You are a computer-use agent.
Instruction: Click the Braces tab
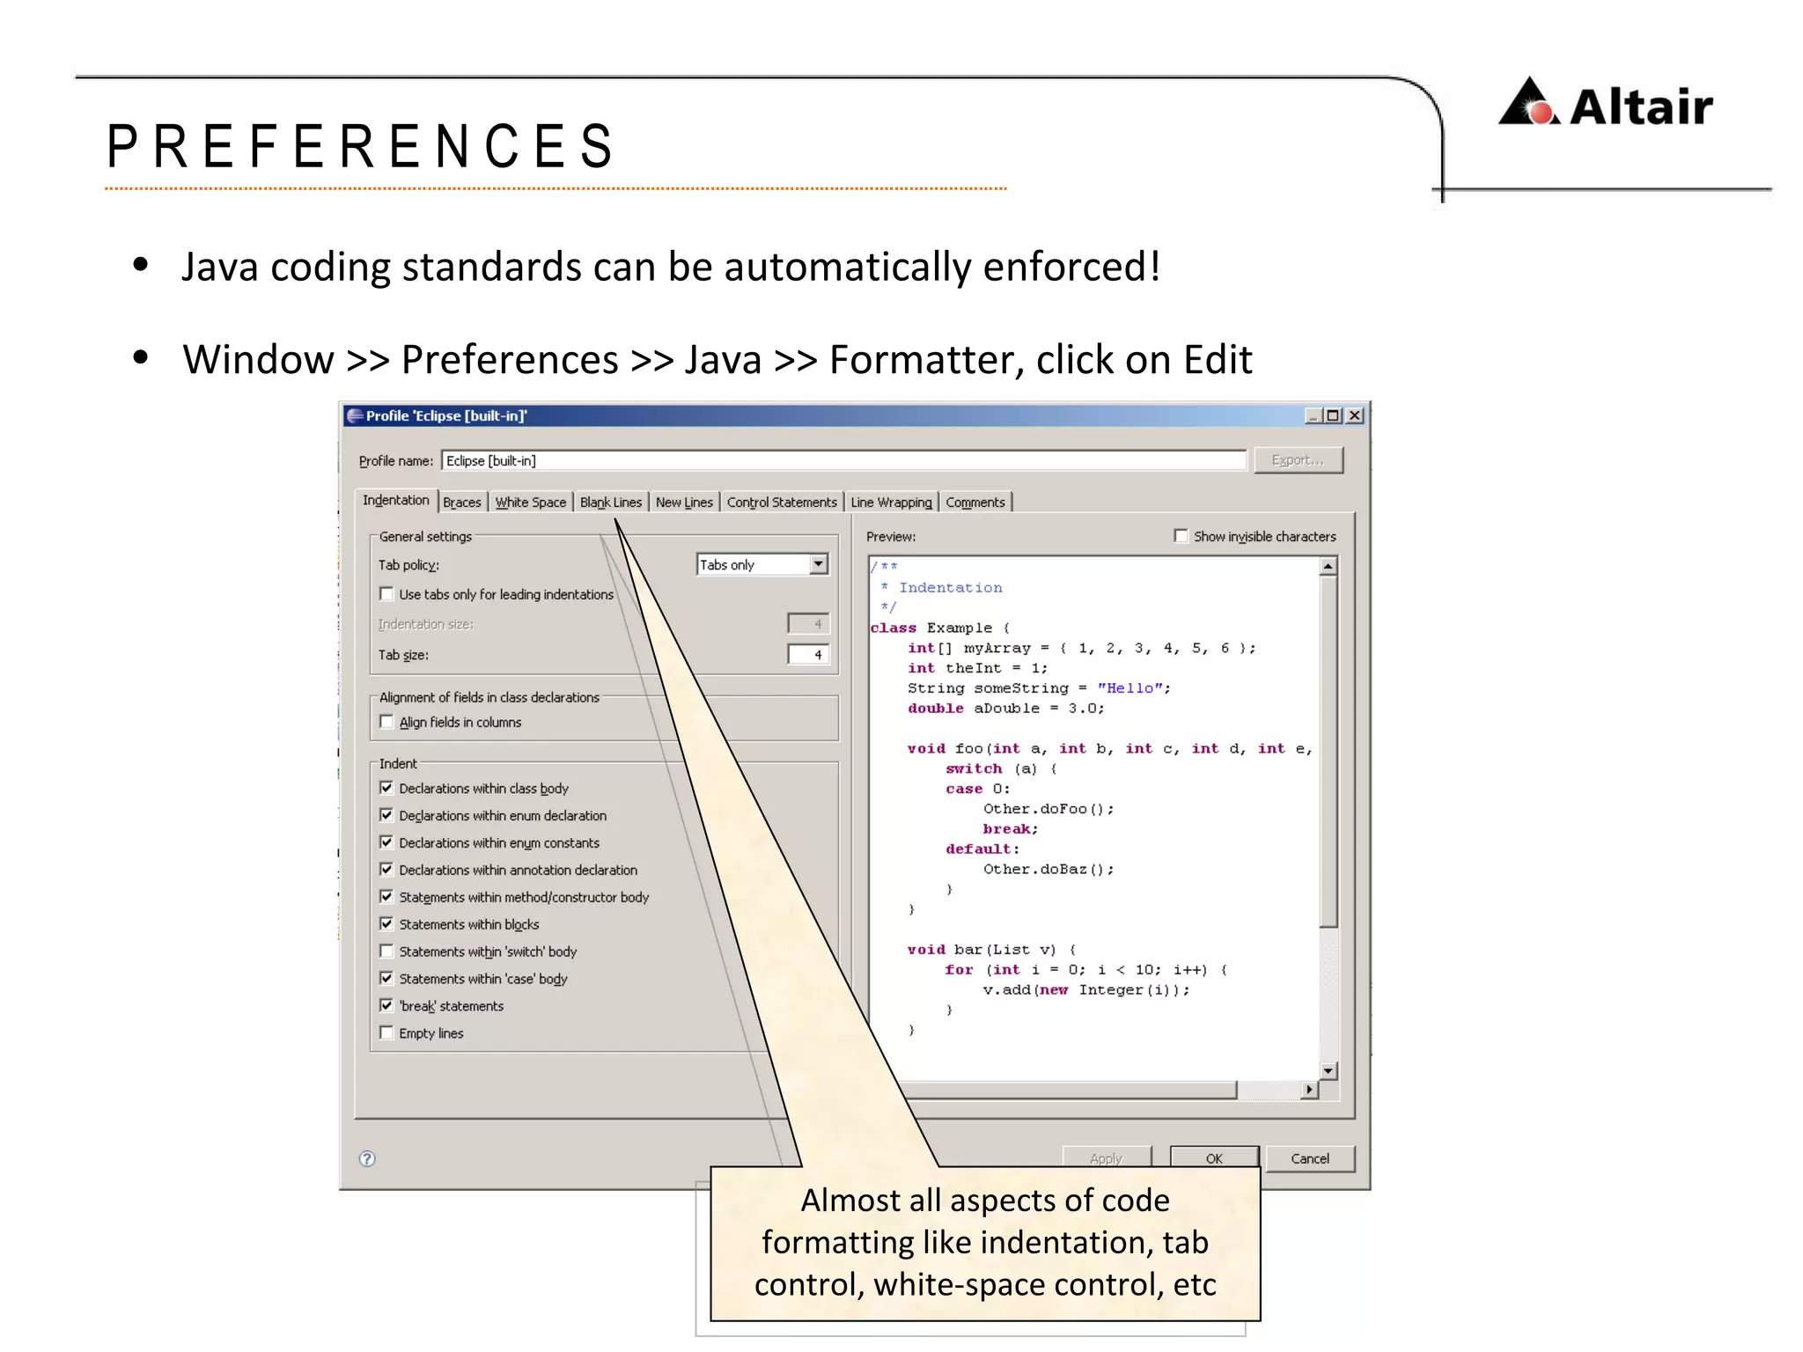pos(461,502)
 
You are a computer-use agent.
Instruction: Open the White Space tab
pos(530,502)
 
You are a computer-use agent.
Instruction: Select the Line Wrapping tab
pos(891,502)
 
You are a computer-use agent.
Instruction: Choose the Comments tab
pos(975,502)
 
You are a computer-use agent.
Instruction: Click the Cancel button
pos(1309,1158)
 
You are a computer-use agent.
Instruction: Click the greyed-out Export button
pos(1298,460)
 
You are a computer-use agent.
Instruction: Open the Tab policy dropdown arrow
pos(819,564)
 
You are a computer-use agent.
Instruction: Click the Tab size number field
pos(808,655)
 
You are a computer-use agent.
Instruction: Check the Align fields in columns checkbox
pos(386,722)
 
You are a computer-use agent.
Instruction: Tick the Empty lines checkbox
pos(386,1032)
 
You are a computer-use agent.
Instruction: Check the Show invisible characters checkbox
pos(1181,536)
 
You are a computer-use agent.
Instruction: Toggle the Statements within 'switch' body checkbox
pos(386,951)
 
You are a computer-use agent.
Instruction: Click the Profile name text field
pos(843,460)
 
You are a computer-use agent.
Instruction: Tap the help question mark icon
pos(367,1158)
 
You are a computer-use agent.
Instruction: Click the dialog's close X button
pos(1355,415)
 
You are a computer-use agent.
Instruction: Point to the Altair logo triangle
pos(1529,104)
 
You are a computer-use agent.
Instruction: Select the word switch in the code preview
pos(973,769)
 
